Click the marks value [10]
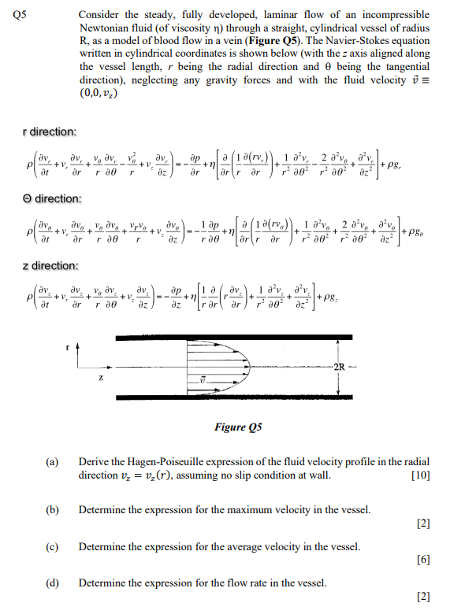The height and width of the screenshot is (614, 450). click(420, 475)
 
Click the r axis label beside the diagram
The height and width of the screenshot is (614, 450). click(69, 344)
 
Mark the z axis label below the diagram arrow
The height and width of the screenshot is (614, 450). click(100, 377)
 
